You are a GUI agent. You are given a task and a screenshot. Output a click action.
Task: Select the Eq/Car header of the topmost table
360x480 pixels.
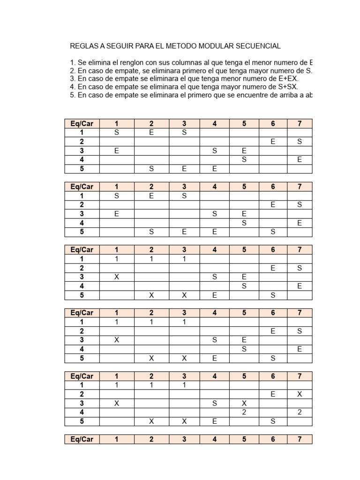click(82, 123)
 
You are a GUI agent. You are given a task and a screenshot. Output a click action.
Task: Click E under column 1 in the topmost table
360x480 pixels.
click(117, 151)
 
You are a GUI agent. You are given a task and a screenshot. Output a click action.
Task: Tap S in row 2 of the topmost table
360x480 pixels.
click(300, 142)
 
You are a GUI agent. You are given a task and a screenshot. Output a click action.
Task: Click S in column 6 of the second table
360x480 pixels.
click(273, 232)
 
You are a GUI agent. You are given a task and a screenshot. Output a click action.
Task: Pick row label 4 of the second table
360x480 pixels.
click(82, 223)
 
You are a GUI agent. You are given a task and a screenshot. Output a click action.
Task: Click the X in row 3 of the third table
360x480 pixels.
click(117, 277)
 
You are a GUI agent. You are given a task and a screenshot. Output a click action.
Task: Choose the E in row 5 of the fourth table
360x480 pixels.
click(215, 358)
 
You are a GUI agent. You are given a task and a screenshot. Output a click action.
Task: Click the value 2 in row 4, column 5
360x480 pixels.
click(244, 412)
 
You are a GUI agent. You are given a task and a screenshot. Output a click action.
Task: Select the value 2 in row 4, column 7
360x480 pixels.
click(300, 412)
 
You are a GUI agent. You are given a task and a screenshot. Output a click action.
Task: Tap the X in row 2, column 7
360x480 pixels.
click(300, 394)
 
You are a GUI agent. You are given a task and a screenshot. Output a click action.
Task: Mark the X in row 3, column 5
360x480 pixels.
click(244, 404)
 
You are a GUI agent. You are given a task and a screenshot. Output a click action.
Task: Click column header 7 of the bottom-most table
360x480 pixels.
click(300, 439)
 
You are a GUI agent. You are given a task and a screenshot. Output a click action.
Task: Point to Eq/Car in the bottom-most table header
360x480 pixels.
click(82, 439)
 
